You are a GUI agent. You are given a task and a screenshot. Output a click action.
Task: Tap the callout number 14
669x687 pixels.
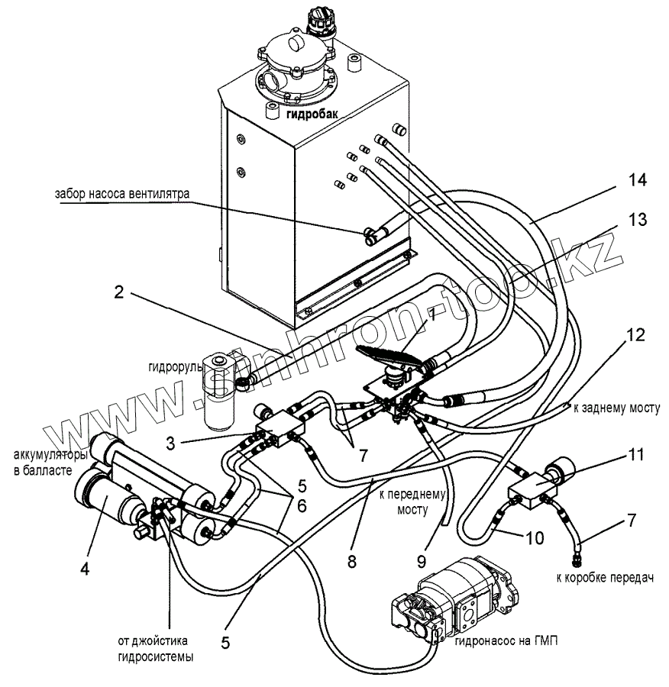[x=637, y=181]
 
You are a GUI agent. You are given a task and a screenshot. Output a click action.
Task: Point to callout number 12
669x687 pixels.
[x=635, y=334]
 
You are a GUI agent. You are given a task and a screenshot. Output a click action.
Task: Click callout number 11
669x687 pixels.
[x=635, y=456]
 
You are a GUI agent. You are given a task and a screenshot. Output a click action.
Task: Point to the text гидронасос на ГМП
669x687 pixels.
[x=506, y=642]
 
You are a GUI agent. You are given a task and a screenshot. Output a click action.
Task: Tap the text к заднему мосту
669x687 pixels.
[x=616, y=409]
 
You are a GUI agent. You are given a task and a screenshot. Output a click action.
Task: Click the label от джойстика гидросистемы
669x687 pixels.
[x=154, y=647]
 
